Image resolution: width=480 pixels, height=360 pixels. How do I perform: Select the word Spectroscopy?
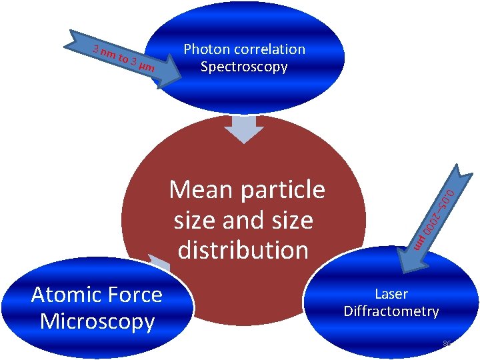[244, 67]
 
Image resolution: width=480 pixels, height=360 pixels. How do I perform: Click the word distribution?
[243, 250]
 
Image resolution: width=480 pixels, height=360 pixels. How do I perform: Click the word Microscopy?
[97, 321]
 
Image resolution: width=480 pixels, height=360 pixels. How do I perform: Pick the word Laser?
[391, 294]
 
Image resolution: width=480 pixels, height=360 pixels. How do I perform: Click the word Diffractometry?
[391, 311]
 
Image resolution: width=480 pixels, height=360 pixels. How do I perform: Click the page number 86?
[447, 344]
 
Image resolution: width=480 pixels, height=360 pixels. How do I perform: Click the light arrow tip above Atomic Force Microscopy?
[158, 262]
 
